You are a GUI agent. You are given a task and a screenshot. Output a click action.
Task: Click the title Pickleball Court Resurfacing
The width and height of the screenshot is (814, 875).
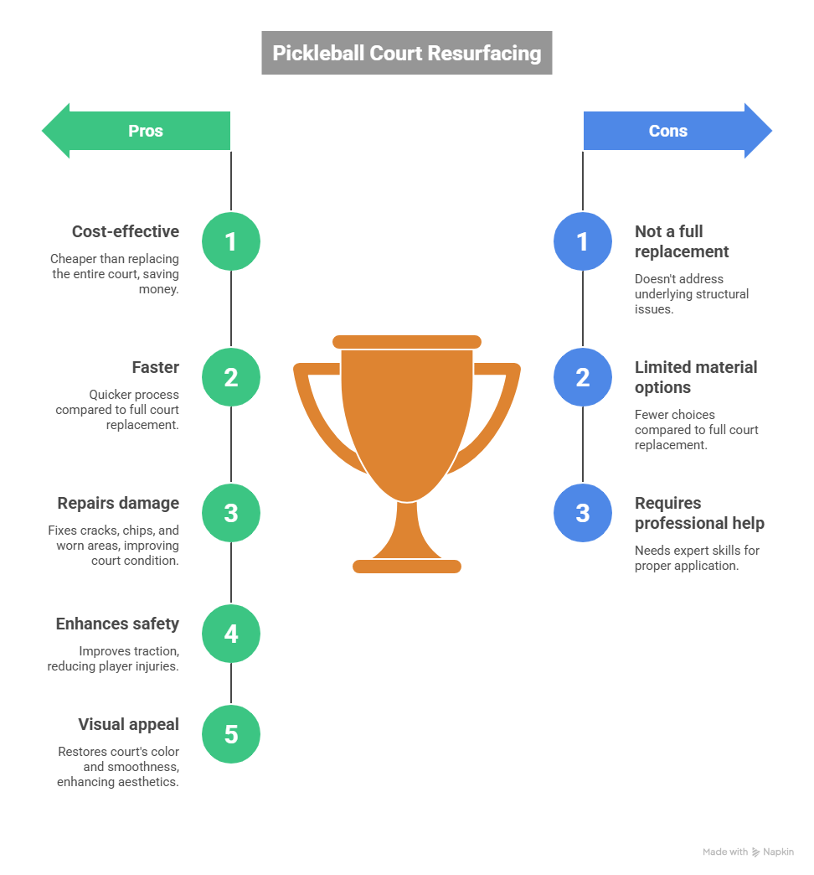click(x=407, y=53)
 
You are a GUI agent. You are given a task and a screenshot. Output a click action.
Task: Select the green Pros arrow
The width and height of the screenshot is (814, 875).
click(x=138, y=131)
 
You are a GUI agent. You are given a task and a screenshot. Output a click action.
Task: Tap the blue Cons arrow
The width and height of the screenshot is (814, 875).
click(x=675, y=131)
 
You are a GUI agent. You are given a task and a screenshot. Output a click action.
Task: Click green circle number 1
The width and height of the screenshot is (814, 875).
click(x=231, y=241)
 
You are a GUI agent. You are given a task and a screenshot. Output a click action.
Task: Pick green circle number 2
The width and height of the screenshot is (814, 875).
click(x=231, y=377)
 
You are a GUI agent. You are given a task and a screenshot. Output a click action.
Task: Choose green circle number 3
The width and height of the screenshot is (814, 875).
click(x=231, y=513)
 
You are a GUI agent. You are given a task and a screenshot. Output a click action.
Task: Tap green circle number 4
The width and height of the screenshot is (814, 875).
click(x=231, y=634)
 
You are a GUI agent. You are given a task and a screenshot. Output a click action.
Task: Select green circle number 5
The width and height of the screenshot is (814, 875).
click(x=231, y=734)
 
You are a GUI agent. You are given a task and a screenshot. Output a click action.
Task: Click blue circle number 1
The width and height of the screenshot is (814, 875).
click(x=583, y=241)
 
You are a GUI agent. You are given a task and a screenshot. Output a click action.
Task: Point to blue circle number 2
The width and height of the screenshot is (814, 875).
click(x=583, y=377)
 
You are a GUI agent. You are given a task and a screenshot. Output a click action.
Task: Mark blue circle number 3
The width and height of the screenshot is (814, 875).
click(x=583, y=513)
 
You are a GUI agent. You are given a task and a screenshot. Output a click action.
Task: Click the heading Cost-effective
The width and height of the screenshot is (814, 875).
click(x=126, y=231)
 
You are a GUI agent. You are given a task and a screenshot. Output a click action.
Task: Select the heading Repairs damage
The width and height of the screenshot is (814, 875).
click(x=118, y=503)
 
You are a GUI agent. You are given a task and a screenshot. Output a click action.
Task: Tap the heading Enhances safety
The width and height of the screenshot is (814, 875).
click(x=117, y=624)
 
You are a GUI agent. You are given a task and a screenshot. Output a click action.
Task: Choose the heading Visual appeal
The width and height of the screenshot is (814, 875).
click(x=128, y=724)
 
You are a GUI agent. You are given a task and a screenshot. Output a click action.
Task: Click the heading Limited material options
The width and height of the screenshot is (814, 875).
click(x=695, y=377)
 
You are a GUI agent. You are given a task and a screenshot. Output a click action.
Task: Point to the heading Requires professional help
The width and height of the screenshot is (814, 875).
click(x=699, y=513)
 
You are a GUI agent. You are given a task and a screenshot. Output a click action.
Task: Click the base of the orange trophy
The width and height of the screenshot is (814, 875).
click(x=407, y=567)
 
